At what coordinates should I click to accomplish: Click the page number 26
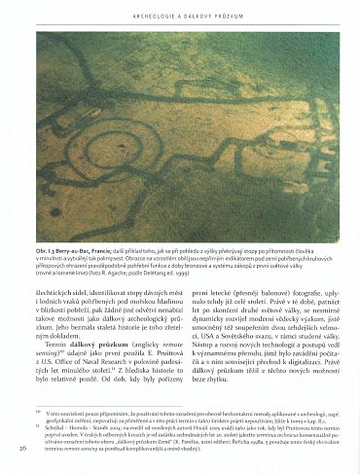pos(22,447)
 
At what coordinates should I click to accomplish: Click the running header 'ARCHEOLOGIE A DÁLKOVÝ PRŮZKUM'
pos(179,14)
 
